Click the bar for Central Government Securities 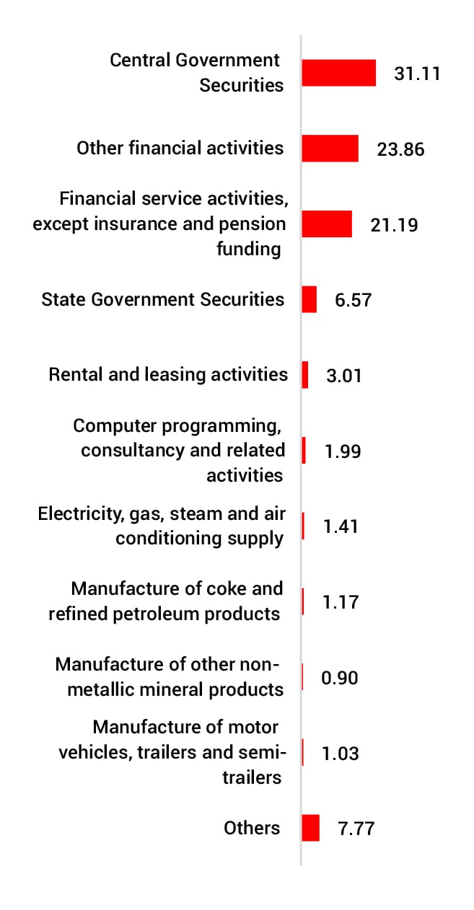tap(338, 73)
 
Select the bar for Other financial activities tap(330, 149)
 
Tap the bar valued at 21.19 tap(326, 224)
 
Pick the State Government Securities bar tap(309, 299)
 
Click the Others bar tap(310, 828)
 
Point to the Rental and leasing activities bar tap(305, 375)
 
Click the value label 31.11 tap(417, 74)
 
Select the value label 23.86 tap(400, 149)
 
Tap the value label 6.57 tap(353, 300)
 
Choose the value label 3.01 tap(343, 376)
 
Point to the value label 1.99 tap(343, 451)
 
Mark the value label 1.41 tap(341, 526)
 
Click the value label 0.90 tap(339, 678)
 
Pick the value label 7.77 tap(356, 829)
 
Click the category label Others tap(252, 828)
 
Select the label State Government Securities tap(163, 299)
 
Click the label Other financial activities tap(180, 148)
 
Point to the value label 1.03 tap(340, 754)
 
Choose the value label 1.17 tap(341, 602)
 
